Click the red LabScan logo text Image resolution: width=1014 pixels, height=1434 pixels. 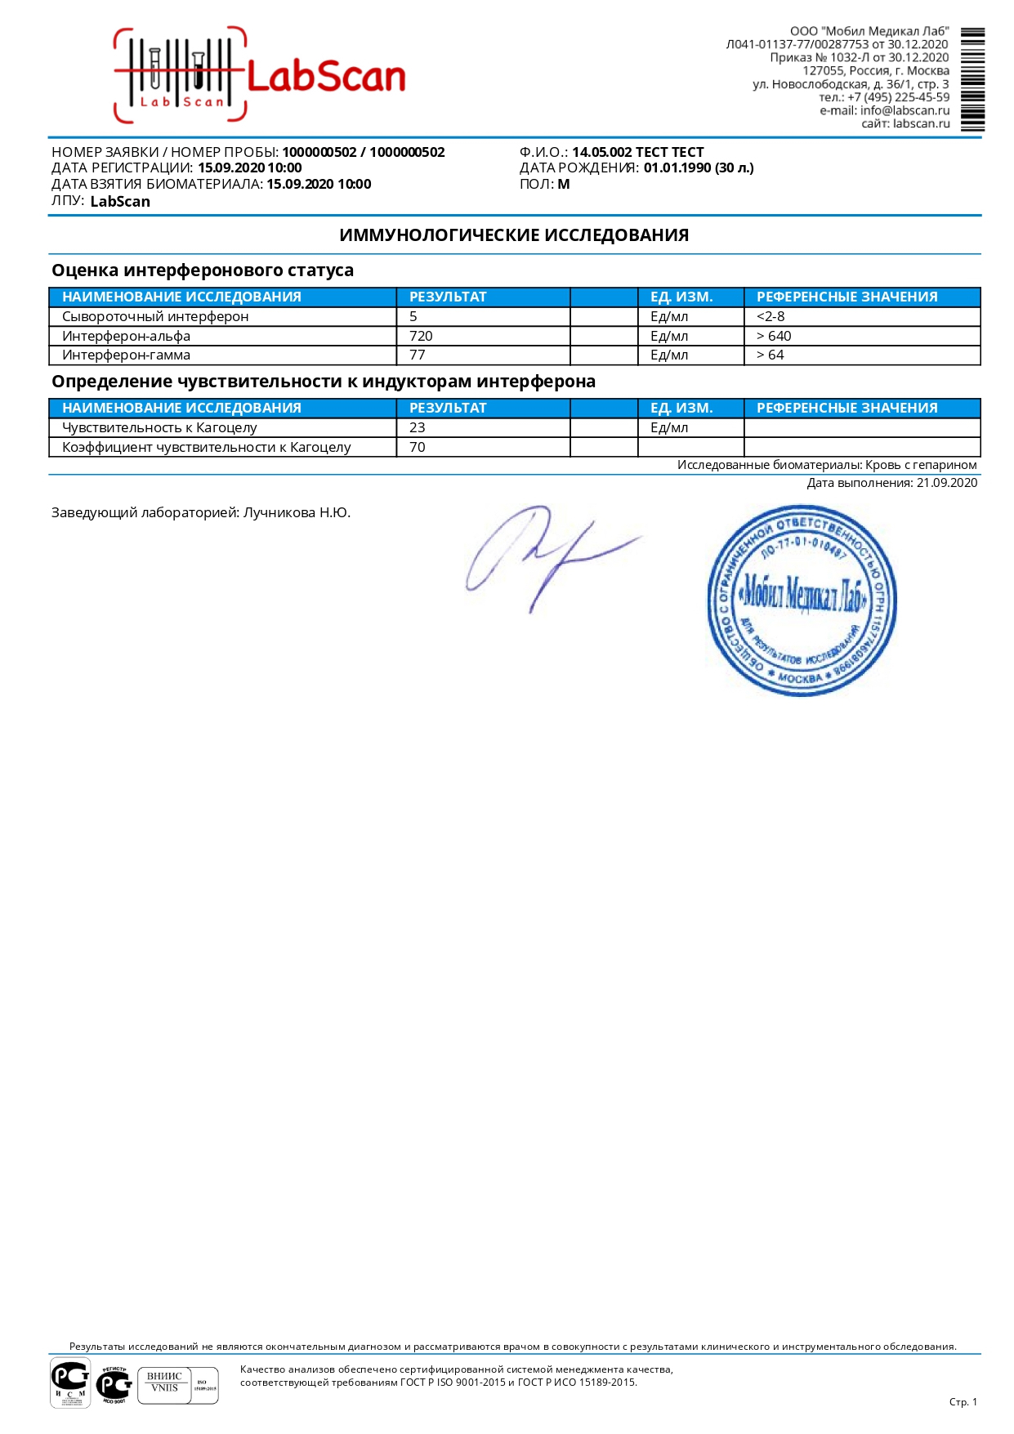click(325, 78)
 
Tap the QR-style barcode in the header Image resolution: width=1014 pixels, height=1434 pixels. click(972, 79)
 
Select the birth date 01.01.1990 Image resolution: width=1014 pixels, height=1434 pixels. click(678, 168)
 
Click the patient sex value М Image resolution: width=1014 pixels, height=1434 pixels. click(564, 185)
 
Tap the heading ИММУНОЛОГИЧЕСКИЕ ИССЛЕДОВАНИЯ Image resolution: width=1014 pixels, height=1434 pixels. click(514, 235)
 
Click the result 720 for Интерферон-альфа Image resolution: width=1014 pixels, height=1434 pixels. click(421, 336)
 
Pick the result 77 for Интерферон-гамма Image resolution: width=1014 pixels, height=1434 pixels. click(418, 355)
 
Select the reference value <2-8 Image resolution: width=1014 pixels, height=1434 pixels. click(771, 316)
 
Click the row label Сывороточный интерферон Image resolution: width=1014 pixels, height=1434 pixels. click(155, 316)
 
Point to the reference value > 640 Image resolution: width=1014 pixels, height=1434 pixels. click(774, 336)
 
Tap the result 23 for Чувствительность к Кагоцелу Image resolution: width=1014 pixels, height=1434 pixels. click(418, 427)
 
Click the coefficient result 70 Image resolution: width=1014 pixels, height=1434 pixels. click(418, 447)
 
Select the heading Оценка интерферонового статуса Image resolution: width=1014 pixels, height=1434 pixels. click(203, 270)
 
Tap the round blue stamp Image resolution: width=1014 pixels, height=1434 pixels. click(802, 601)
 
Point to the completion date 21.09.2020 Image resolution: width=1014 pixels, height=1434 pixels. click(946, 483)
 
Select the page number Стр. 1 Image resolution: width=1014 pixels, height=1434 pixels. click(963, 1402)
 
